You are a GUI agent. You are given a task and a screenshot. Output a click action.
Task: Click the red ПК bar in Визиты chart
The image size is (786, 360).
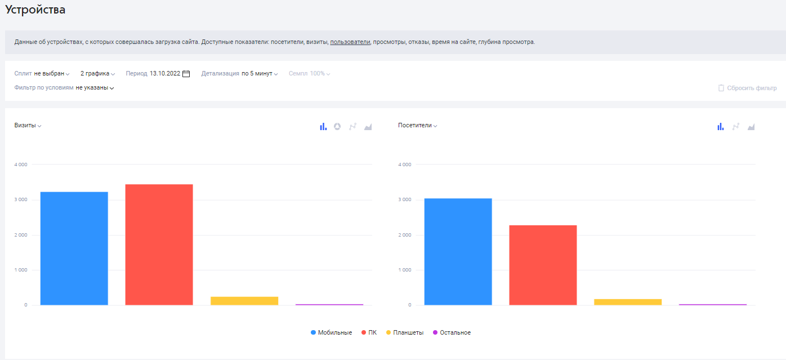(x=159, y=245)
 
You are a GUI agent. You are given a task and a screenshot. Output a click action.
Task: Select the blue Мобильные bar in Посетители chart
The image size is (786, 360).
(x=458, y=251)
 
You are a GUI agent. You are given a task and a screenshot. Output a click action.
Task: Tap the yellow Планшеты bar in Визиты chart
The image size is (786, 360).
(x=244, y=301)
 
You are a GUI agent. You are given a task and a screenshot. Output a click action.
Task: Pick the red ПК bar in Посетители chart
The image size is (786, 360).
(x=543, y=265)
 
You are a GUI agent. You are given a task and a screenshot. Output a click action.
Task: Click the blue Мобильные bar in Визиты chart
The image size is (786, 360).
(x=74, y=248)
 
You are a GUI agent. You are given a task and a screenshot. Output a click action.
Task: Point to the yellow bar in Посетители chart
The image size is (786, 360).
(x=628, y=302)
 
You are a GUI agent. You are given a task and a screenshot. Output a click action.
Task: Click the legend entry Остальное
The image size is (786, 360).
(x=452, y=332)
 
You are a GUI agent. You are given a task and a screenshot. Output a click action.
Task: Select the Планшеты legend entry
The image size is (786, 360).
(x=405, y=332)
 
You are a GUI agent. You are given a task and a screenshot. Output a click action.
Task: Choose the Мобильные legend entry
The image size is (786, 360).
(x=331, y=332)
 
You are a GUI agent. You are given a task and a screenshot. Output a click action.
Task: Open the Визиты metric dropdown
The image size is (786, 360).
(x=28, y=126)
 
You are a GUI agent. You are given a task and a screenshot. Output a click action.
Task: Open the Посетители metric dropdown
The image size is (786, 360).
(x=418, y=126)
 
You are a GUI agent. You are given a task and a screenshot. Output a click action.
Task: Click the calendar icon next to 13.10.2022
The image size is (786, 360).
(x=186, y=74)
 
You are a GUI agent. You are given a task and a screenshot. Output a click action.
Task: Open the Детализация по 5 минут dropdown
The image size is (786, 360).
(x=239, y=73)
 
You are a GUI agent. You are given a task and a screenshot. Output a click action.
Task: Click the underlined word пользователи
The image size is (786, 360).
(x=350, y=42)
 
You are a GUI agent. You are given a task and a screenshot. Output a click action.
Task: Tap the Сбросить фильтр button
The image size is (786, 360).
(x=747, y=88)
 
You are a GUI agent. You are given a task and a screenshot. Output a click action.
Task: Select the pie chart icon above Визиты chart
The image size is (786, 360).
(x=337, y=126)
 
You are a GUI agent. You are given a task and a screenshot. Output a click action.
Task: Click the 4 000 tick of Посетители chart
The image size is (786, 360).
(x=405, y=165)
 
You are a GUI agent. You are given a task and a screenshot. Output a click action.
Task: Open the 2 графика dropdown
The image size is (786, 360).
(x=97, y=73)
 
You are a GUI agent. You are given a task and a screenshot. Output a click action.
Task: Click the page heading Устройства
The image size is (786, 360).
(x=35, y=10)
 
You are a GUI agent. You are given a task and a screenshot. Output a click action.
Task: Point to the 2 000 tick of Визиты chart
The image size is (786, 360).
(x=21, y=235)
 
